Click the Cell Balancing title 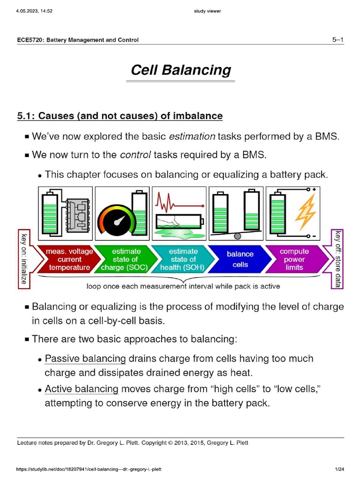pyautogui.click(x=180, y=70)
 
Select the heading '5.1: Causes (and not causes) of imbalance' pyautogui.click(x=120, y=115)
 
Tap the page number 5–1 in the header pyautogui.click(x=337, y=40)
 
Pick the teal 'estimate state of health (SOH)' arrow pyautogui.click(x=182, y=259)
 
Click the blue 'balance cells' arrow pyautogui.click(x=240, y=259)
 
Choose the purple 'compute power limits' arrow pyautogui.click(x=294, y=259)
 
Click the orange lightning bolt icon pyautogui.click(x=305, y=210)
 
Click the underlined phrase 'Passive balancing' pyautogui.click(x=85, y=359)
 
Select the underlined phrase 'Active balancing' pyautogui.click(x=82, y=389)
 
